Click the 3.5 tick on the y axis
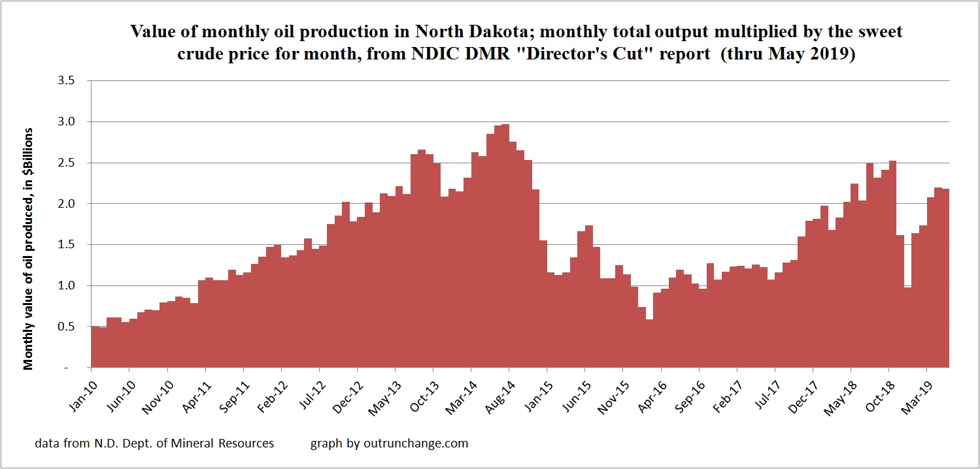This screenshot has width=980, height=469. (67, 81)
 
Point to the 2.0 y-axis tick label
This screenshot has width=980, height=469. (67, 204)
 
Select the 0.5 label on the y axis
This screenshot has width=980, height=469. (67, 327)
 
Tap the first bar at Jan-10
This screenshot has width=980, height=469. (95, 347)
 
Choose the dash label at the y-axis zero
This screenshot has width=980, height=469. (74, 368)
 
